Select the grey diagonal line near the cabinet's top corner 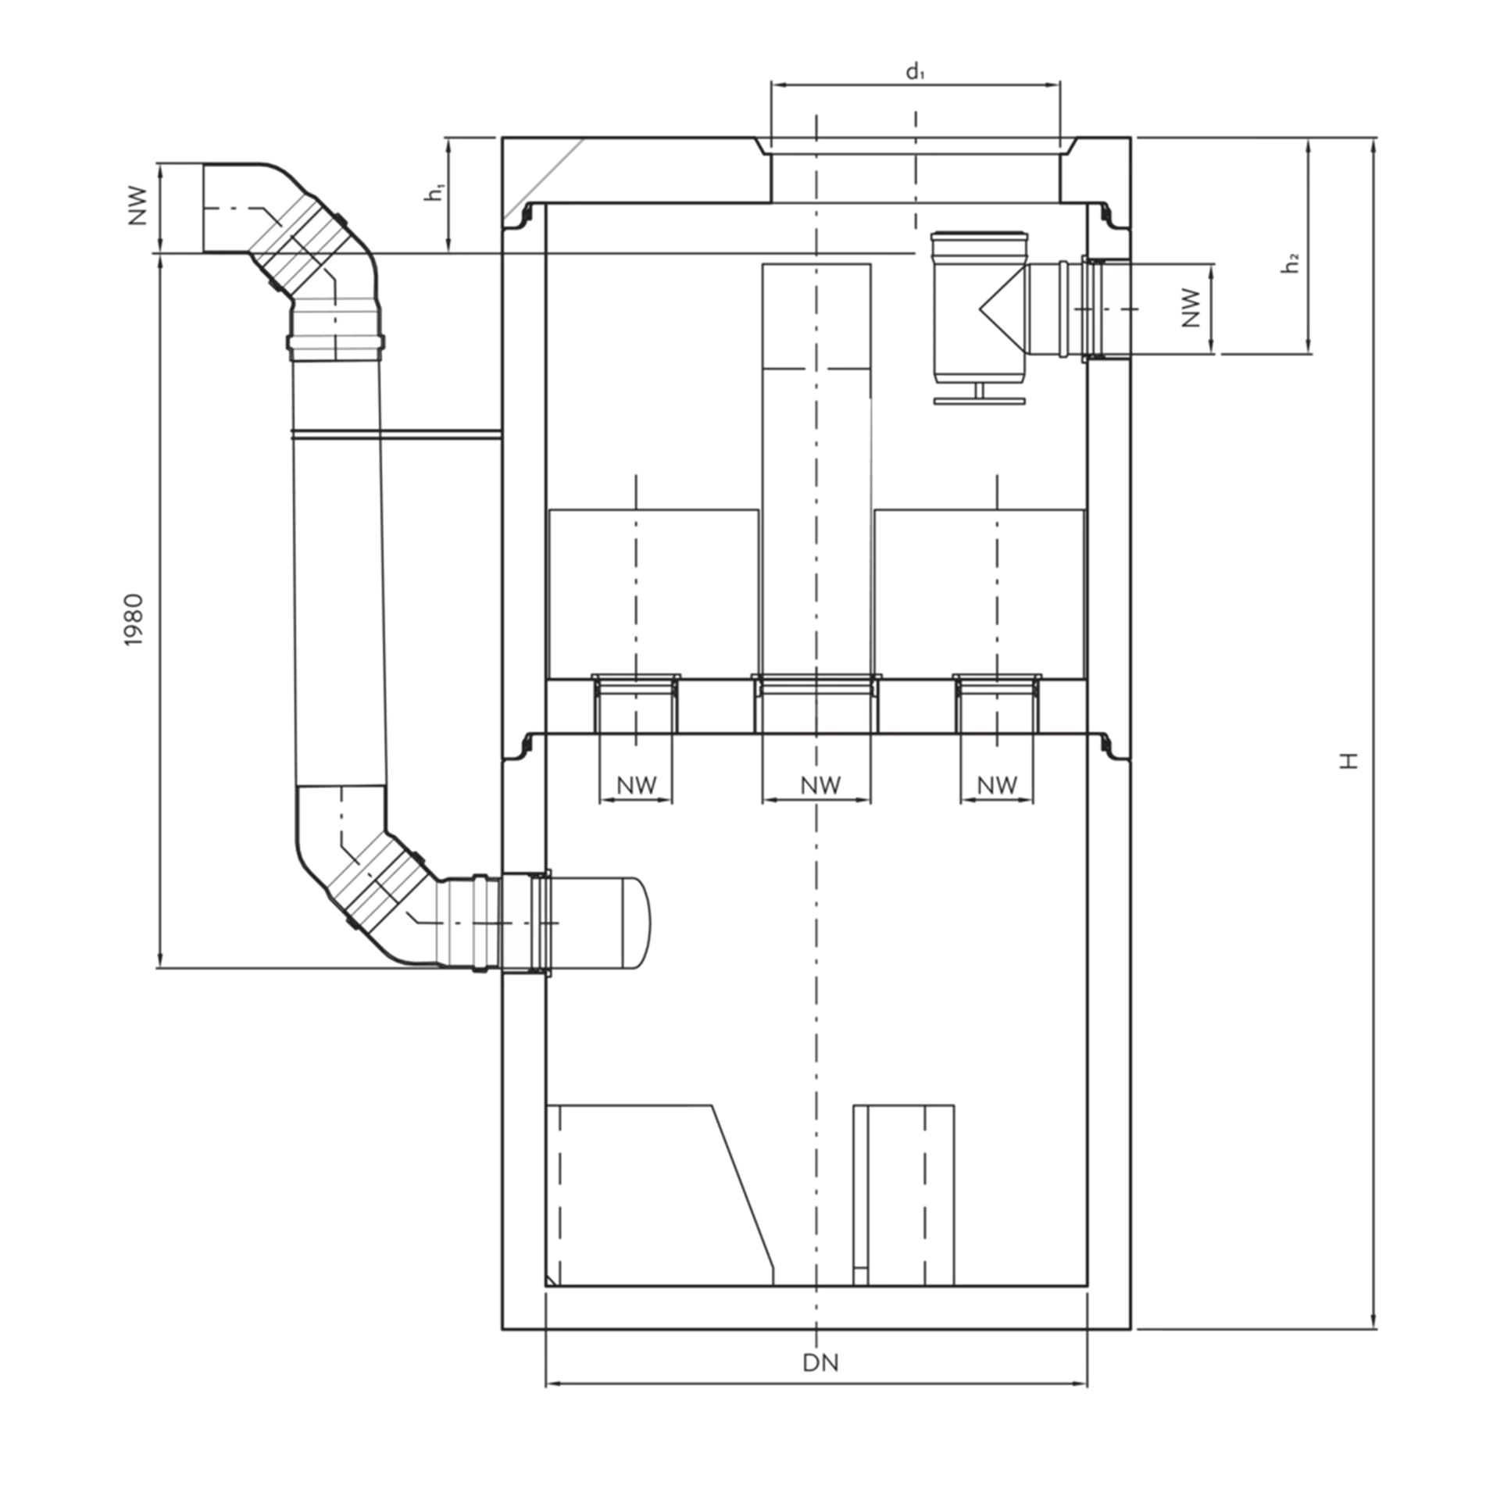tap(545, 181)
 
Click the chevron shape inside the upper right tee tap(996, 316)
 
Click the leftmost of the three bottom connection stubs tap(635, 738)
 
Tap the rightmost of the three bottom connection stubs tap(997, 738)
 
